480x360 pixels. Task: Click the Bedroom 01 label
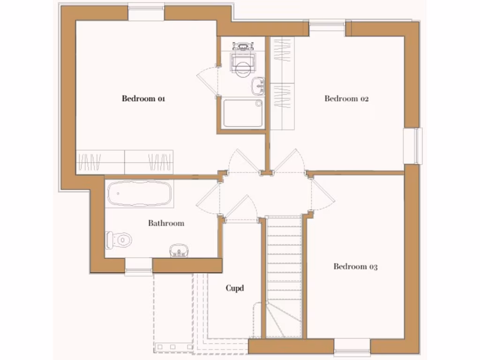[143, 99]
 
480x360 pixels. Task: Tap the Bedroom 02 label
[346, 99]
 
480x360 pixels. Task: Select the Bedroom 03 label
[355, 267]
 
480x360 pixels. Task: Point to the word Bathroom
[166, 223]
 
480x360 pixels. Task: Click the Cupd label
[235, 288]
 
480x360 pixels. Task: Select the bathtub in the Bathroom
[139, 193]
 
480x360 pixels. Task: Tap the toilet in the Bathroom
[119, 240]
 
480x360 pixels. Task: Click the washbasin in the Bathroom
[179, 250]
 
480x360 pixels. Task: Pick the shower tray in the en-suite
[243, 113]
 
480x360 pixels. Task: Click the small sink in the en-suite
[258, 86]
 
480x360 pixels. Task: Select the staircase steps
[284, 262]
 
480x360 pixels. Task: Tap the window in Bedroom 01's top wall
[146, 13]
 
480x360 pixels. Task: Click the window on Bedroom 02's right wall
[413, 146]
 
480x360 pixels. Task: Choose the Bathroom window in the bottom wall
[138, 266]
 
